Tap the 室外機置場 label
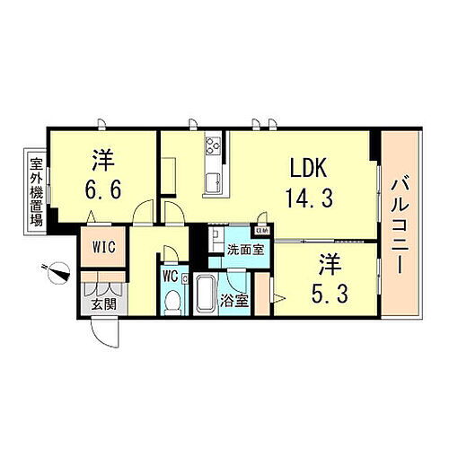coord(37,189)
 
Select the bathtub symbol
coord(205,294)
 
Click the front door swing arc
coord(107,338)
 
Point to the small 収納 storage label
coord(260,230)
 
